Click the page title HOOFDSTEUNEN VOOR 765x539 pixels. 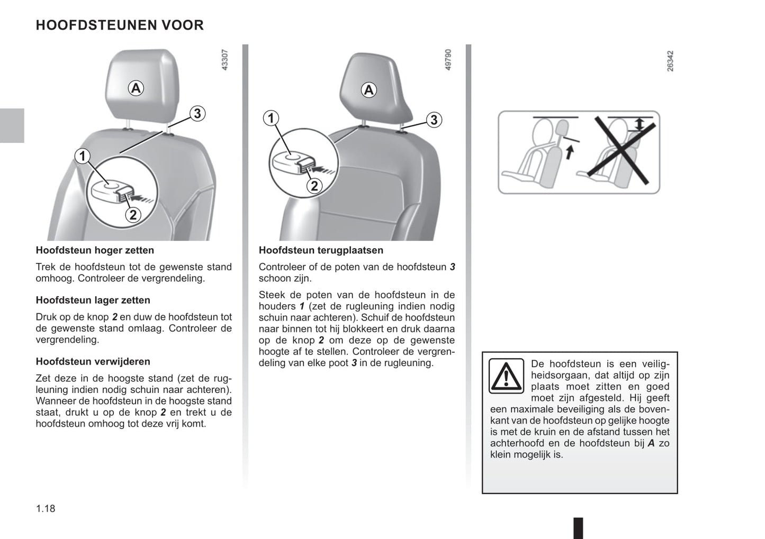[120, 25]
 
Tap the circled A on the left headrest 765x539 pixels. [136, 88]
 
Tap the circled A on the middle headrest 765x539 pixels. [369, 90]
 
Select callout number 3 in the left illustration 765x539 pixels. [197, 113]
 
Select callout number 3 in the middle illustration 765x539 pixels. [434, 120]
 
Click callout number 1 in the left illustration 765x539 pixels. [82, 156]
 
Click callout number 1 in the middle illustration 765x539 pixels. [271, 118]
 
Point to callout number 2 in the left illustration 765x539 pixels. [133, 214]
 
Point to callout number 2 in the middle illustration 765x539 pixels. [314, 186]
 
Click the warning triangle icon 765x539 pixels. [506, 376]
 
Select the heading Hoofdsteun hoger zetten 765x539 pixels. [95, 250]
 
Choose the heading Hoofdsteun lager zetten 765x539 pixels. [93, 300]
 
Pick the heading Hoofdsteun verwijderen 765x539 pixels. [93, 361]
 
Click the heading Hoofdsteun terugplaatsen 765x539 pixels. [321, 250]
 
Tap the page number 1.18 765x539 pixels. [46, 508]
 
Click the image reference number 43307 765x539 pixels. [224, 60]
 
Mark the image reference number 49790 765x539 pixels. [448, 60]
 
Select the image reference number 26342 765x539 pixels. [670, 61]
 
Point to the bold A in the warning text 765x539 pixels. [651, 443]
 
